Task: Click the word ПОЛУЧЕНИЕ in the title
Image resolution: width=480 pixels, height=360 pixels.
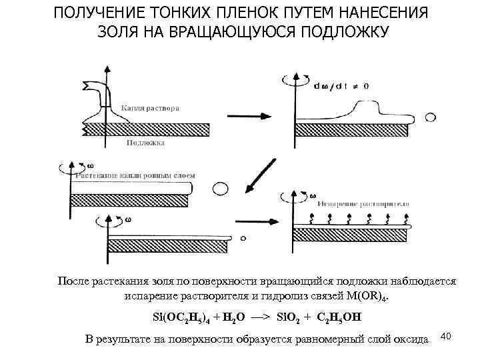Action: tap(95, 14)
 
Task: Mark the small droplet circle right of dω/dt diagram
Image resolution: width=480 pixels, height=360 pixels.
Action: tap(431, 117)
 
